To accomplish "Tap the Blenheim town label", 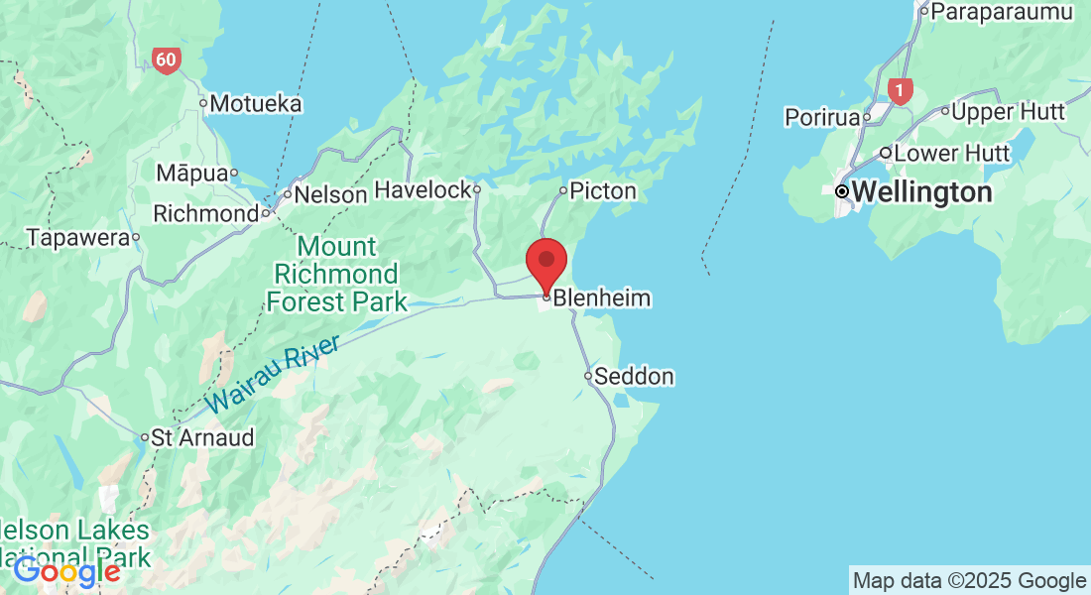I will click(x=602, y=297).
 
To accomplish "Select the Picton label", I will click(x=604, y=190).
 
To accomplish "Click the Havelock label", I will click(x=423, y=189).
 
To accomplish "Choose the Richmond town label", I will click(x=205, y=214).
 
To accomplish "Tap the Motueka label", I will click(x=255, y=103).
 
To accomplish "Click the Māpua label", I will click(x=192, y=174).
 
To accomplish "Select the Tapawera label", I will click(x=78, y=238).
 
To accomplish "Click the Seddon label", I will click(x=635, y=377).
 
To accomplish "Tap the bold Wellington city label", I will click(x=921, y=191).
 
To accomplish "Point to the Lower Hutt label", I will click(x=951, y=154).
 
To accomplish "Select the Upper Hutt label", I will click(x=1008, y=112).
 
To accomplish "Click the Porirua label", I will click(x=821, y=118).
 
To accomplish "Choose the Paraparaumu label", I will click(x=1002, y=12).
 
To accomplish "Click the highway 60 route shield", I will click(x=166, y=60).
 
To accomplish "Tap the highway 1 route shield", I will click(x=901, y=91).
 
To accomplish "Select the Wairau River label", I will click(x=273, y=375).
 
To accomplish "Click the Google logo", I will click(x=66, y=572).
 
